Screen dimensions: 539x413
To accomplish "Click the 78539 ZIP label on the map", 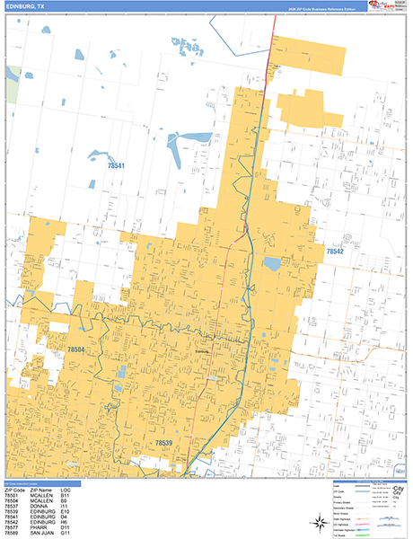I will click(164, 443).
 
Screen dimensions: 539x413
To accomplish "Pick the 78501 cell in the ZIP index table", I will click(13, 495).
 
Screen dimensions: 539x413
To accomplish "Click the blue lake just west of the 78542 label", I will click(272, 264).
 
